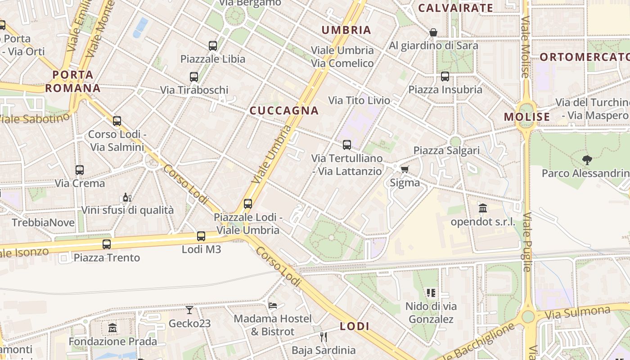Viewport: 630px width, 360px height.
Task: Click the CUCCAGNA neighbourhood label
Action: point(284,111)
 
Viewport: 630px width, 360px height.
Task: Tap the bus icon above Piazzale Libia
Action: point(213,46)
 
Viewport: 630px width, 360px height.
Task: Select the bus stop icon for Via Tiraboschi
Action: point(194,77)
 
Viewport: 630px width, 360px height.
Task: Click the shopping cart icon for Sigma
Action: point(405,170)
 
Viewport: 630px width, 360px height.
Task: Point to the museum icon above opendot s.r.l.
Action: point(483,208)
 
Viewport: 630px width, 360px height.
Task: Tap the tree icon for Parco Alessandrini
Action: point(587,160)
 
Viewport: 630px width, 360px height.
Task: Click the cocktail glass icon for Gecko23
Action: point(189,310)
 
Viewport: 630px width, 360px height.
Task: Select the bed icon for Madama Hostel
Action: point(273,305)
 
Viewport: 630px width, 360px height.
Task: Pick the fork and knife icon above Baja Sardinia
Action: point(323,337)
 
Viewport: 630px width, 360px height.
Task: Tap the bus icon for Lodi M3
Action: point(201,236)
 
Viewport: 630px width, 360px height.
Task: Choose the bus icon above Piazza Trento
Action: point(107,244)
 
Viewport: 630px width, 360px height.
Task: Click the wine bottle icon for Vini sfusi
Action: point(127,197)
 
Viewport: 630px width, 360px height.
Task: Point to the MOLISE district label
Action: point(527,117)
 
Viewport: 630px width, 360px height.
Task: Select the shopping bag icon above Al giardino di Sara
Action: point(433,32)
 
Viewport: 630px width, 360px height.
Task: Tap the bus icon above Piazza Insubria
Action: point(445,76)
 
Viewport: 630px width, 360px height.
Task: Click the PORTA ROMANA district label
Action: point(72,81)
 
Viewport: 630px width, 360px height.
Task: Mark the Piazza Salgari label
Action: point(446,150)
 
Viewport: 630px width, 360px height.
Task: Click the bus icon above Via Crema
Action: point(80,170)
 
